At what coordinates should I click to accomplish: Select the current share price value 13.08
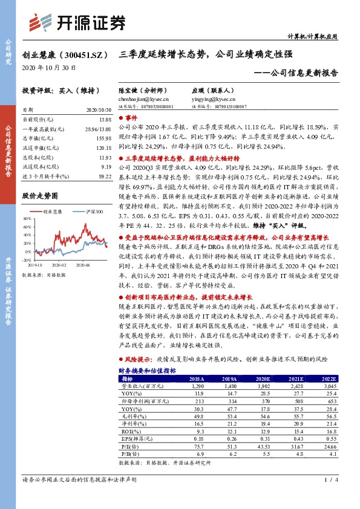(105, 120)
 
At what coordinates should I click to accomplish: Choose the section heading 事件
(133, 119)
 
